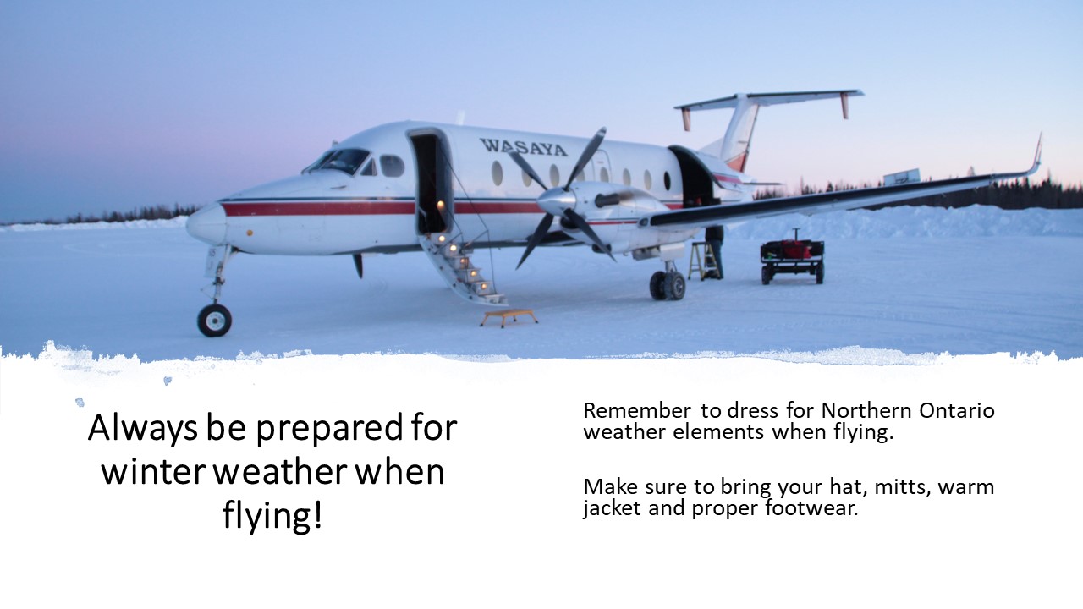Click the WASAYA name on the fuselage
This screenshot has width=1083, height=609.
(524, 147)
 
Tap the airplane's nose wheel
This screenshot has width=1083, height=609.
(214, 320)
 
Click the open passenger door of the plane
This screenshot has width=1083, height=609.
(429, 182)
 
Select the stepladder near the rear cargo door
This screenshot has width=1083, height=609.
(701, 261)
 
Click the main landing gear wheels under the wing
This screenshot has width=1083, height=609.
(668, 284)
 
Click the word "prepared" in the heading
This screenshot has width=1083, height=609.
(332, 430)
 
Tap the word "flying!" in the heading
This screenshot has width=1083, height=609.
(272, 515)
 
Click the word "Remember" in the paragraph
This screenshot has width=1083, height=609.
(636, 411)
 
